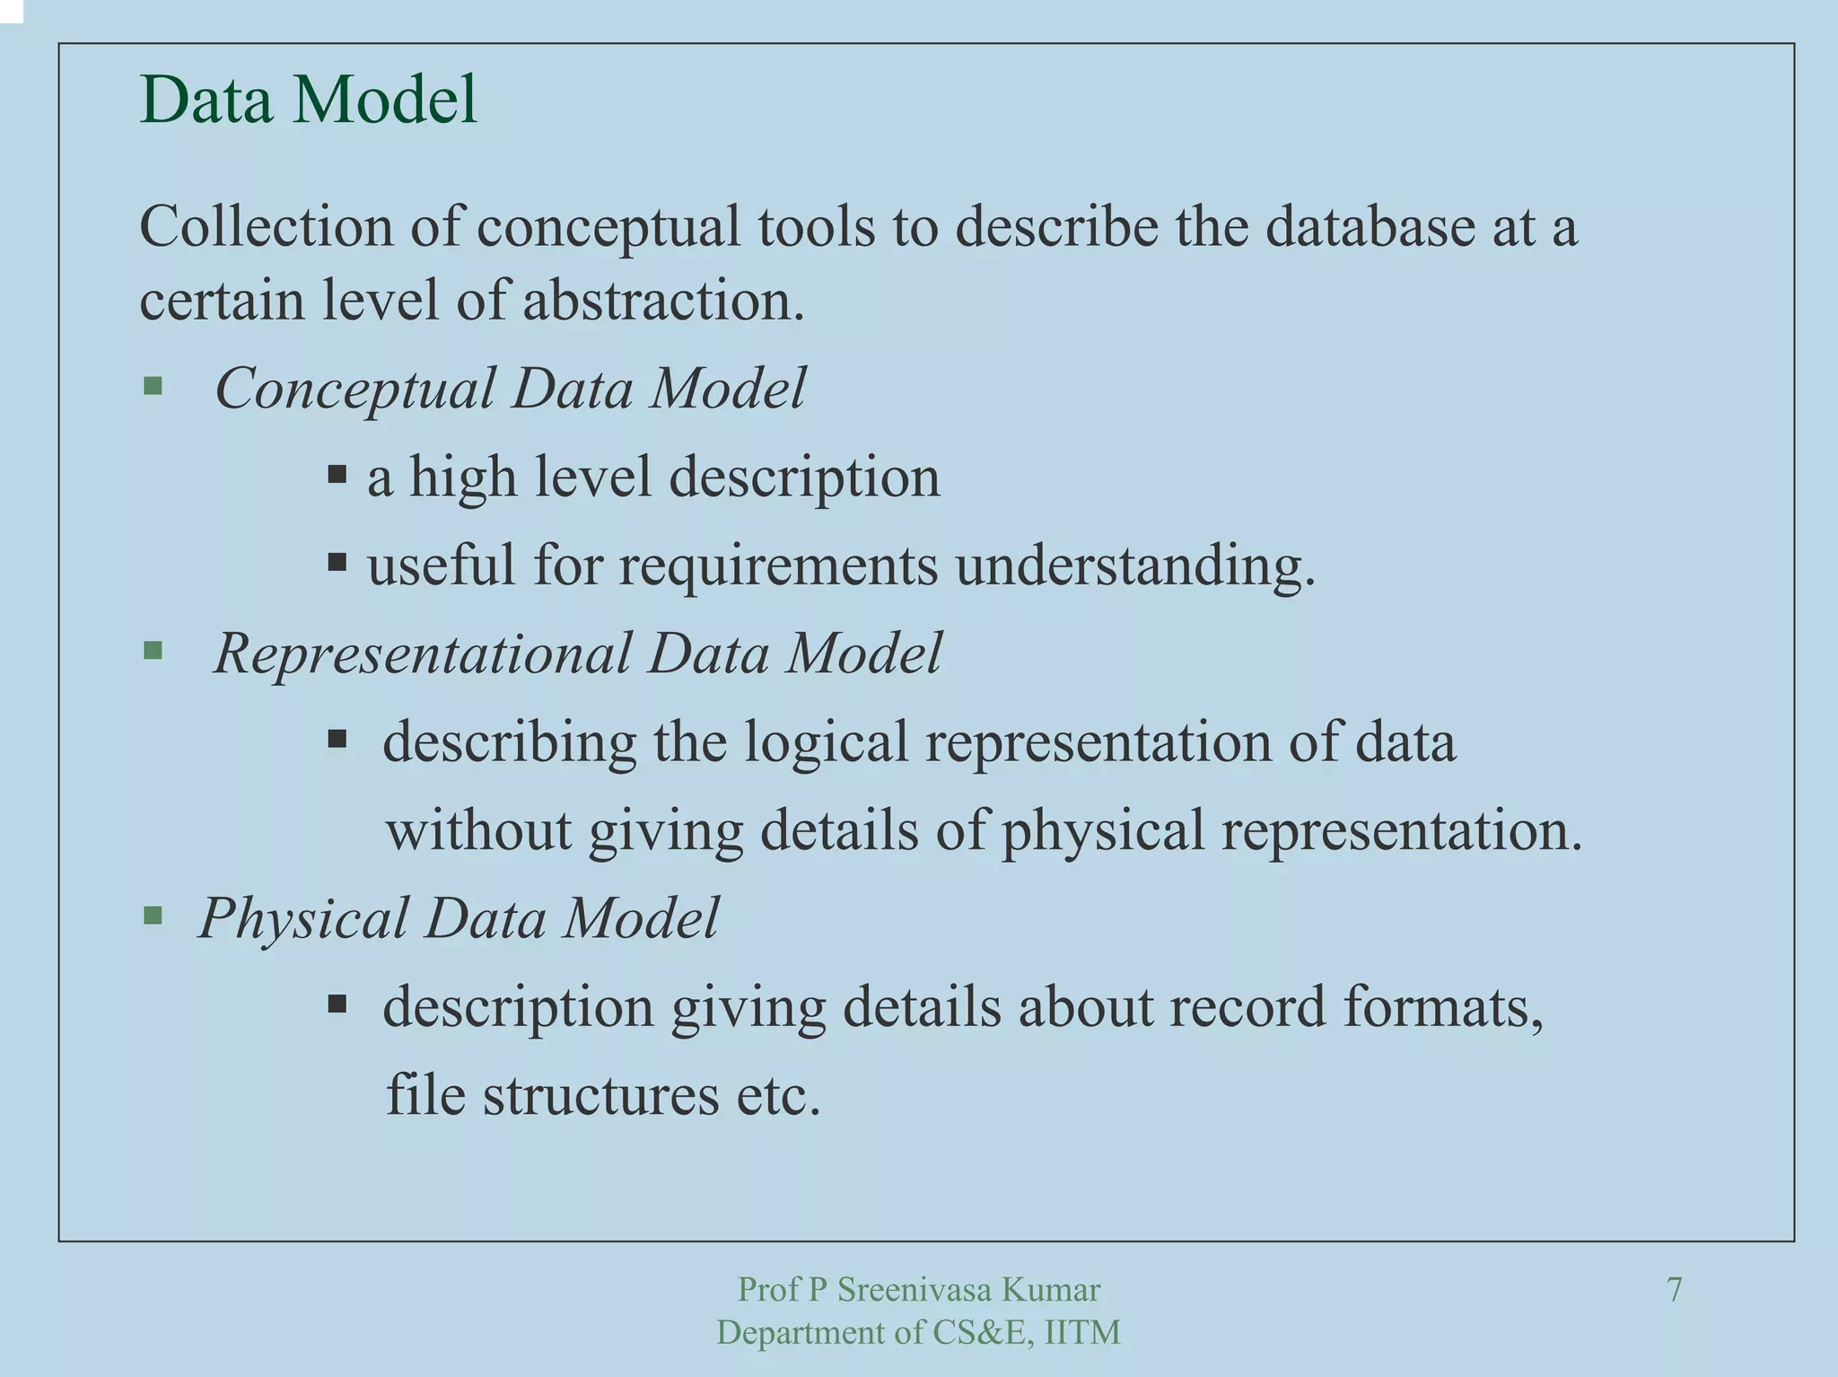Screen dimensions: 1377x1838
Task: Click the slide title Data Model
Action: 308,99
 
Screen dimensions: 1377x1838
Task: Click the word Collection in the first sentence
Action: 267,226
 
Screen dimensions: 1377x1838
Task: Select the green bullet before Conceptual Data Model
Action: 153,386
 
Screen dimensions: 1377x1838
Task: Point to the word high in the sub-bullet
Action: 463,477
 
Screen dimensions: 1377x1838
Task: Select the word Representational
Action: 422,653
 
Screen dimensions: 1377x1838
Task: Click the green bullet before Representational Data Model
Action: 153,650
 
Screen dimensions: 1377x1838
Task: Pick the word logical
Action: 827,742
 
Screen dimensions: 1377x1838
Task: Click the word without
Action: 478,829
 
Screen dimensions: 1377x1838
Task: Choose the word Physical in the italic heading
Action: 303,918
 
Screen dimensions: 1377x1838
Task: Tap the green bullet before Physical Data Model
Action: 153,916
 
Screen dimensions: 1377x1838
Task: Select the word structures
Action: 600,1095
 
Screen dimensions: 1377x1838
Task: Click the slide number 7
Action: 1674,1289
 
